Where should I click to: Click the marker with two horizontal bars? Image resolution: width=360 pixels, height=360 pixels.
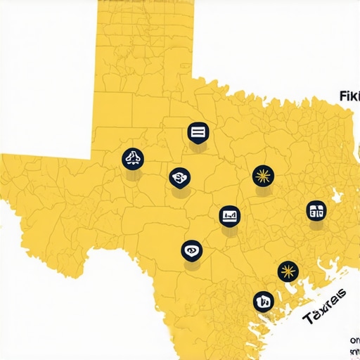coord(197,131)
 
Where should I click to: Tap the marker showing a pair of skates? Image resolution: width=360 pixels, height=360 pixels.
coord(131,158)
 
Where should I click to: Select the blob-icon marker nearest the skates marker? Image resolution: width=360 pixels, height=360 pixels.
coord(179,177)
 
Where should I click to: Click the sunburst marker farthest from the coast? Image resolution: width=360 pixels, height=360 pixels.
coord(262,176)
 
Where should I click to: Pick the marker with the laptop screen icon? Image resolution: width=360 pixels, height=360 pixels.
coord(229,215)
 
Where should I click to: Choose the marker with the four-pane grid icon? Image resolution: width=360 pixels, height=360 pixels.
coord(316,210)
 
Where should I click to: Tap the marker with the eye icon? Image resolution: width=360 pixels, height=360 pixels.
coord(191,250)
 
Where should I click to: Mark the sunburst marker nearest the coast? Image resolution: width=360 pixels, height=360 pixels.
coord(287,271)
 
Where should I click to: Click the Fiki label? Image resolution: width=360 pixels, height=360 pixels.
coord(349,96)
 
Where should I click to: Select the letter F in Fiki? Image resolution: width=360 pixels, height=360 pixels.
coord(342,96)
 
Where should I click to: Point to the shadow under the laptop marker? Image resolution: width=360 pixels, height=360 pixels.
coord(230,232)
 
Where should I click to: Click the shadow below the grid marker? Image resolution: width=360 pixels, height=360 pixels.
coord(316,227)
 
